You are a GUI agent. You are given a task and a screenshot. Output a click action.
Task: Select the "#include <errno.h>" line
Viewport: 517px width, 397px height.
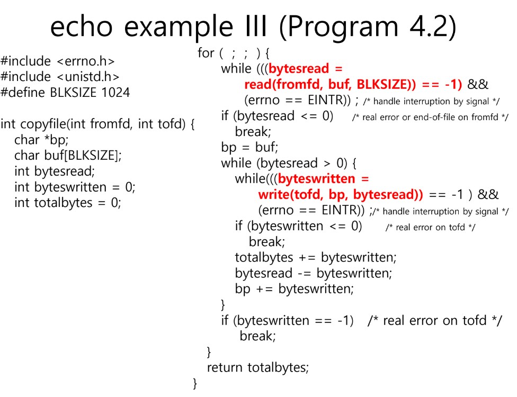[58, 61]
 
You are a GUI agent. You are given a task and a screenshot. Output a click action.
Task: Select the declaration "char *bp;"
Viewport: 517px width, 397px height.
[41, 140]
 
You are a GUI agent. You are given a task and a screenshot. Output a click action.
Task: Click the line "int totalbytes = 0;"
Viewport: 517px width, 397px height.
[68, 203]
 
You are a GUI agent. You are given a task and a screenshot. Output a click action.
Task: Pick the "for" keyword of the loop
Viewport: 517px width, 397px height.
[206, 53]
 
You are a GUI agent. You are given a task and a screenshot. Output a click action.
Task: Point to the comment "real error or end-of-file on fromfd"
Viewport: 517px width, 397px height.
[430, 117]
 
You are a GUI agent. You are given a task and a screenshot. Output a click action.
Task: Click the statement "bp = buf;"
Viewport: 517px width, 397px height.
[249, 147]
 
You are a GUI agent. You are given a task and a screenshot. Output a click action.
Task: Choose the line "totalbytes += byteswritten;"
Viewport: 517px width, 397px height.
[316, 258]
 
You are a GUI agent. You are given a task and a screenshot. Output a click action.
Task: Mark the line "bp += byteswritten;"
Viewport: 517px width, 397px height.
[294, 289]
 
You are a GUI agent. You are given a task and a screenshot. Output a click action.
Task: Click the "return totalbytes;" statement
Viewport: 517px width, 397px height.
[257, 367]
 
